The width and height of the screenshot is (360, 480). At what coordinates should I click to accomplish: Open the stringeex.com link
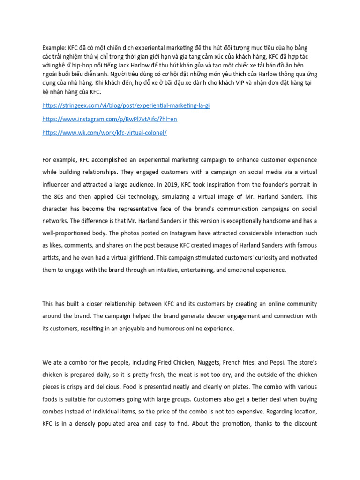click(126, 106)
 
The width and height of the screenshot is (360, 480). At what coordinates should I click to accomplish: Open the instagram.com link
click(110, 120)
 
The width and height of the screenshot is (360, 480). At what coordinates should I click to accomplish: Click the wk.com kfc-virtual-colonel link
click(104, 133)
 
